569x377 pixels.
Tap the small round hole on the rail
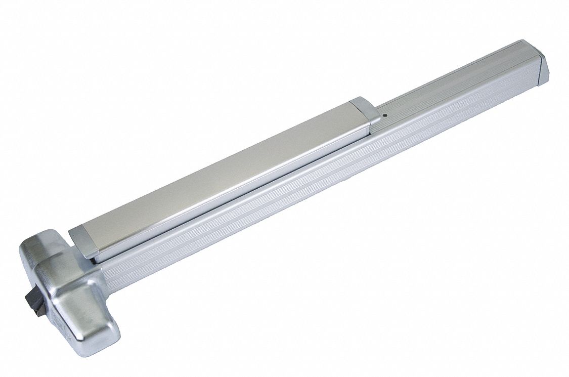click(385, 115)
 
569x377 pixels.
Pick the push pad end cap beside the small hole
click(365, 110)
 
